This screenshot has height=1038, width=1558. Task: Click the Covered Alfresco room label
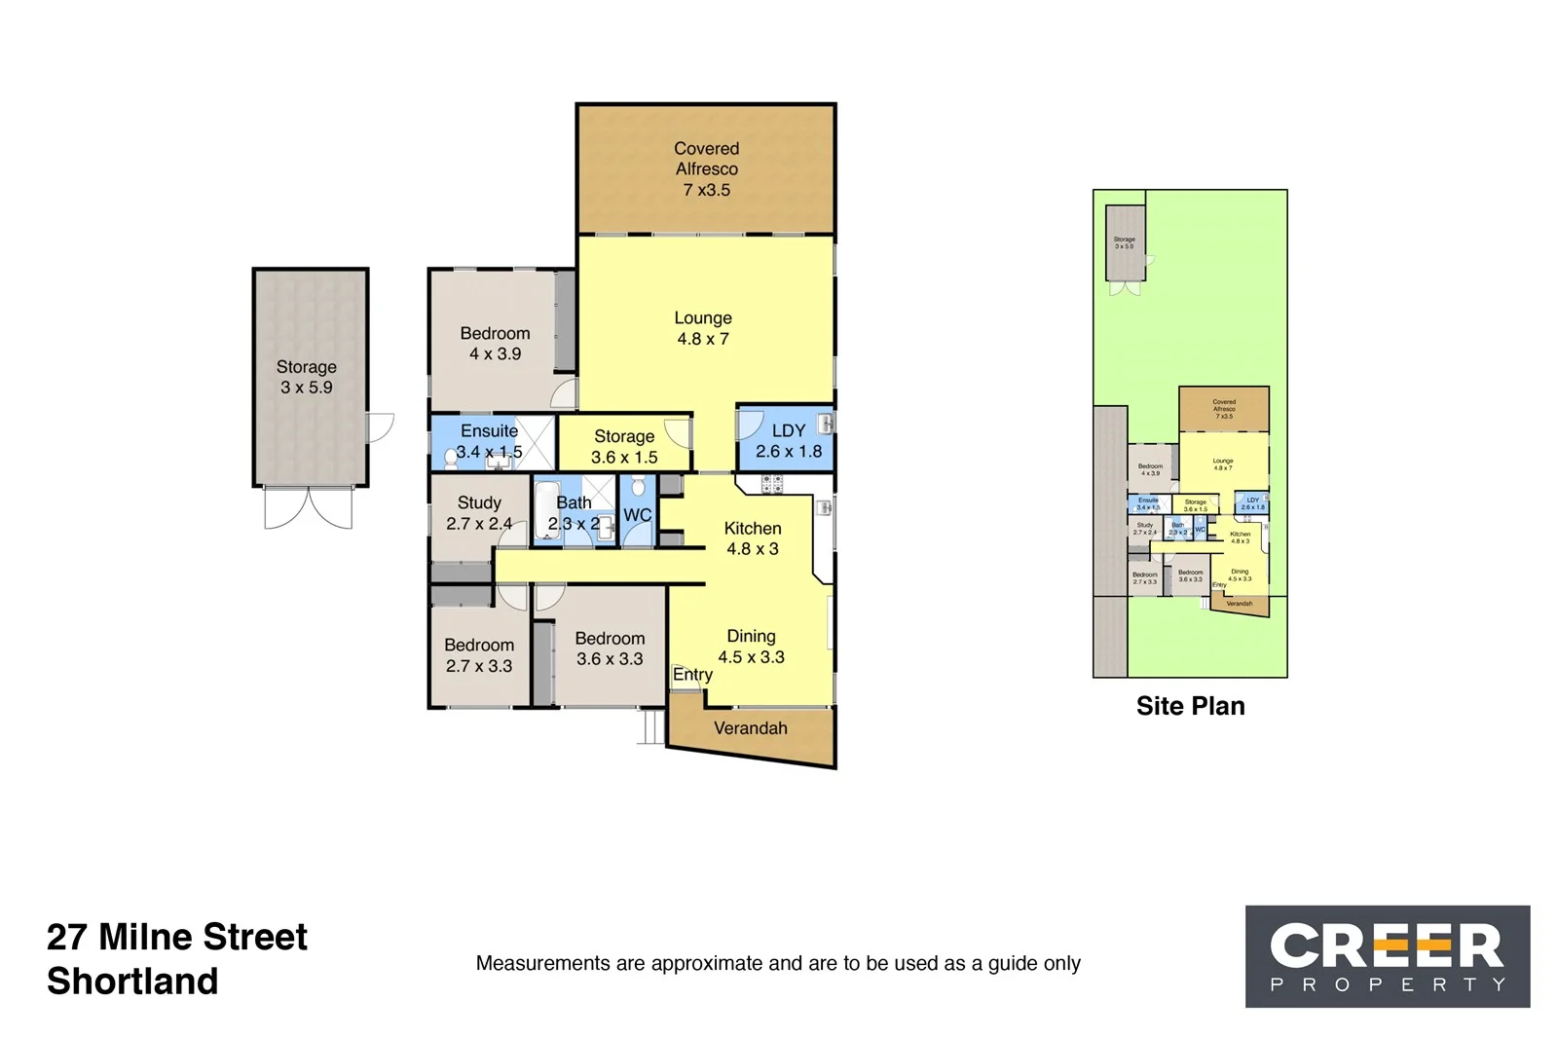click(x=706, y=168)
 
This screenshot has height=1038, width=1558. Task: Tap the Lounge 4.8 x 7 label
click(x=703, y=328)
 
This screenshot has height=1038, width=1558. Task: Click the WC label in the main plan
click(x=638, y=515)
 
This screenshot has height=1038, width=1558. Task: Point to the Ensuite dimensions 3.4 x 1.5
click(x=489, y=452)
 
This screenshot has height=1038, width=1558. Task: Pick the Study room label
click(x=479, y=502)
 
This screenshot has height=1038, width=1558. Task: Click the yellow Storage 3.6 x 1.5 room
click(x=624, y=446)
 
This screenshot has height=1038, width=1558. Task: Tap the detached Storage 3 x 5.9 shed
click(x=307, y=377)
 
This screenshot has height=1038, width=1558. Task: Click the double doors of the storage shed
click(x=309, y=507)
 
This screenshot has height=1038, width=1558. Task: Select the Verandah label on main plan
click(x=750, y=728)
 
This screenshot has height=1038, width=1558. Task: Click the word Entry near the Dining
click(x=692, y=675)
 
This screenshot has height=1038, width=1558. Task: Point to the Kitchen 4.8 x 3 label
click(x=753, y=538)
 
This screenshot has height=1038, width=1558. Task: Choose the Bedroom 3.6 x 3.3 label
click(x=610, y=649)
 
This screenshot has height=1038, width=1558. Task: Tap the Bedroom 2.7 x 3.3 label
click(x=479, y=655)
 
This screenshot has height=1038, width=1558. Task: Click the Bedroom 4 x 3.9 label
click(x=495, y=343)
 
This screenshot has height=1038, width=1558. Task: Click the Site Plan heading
click(x=1190, y=706)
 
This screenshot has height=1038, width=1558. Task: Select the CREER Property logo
click(x=1388, y=956)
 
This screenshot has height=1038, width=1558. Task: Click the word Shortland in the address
click(x=132, y=981)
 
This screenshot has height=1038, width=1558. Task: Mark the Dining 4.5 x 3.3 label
click(x=751, y=647)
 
